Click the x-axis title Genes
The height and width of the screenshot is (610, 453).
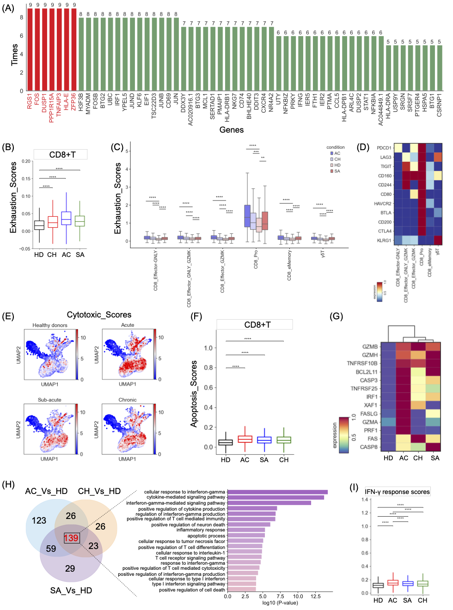coord(231,130)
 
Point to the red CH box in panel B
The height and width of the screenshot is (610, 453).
coord(53,222)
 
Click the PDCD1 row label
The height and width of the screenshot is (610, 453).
coord(384,148)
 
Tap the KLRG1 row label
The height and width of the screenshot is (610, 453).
coord(384,241)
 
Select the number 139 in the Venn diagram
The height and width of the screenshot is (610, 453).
coord(71,538)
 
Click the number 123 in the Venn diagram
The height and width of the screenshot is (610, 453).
coord(39,521)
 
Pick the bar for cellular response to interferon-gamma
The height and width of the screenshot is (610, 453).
coord(277,492)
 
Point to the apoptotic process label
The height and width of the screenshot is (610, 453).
coord(206,536)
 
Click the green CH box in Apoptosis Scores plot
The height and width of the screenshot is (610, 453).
coord(284,440)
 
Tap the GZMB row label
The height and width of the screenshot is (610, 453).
coord(370,347)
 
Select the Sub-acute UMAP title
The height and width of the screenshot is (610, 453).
coord(49,400)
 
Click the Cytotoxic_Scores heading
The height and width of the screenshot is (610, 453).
coord(99,315)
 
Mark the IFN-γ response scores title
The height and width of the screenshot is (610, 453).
coord(397,492)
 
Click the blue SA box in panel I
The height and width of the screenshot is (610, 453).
coord(407,584)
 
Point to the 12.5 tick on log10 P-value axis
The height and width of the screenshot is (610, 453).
coord(316,596)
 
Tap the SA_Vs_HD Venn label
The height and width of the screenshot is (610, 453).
coord(71,591)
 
